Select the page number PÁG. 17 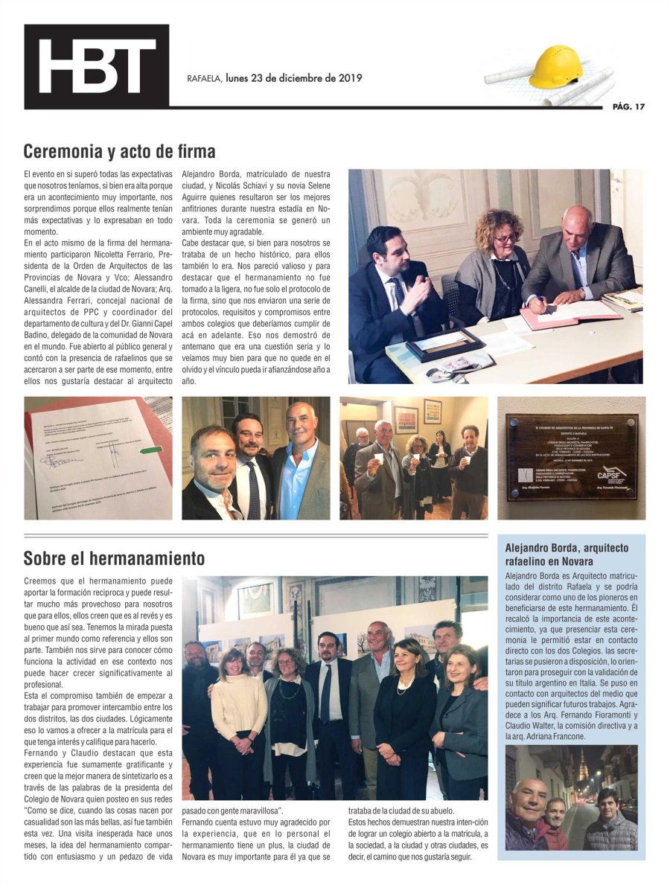point(628,106)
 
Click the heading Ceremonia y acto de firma point(119,152)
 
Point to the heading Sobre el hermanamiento point(114,557)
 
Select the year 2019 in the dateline point(348,78)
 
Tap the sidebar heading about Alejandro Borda point(567,554)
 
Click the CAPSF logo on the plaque point(612,474)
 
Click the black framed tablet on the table point(445,344)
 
